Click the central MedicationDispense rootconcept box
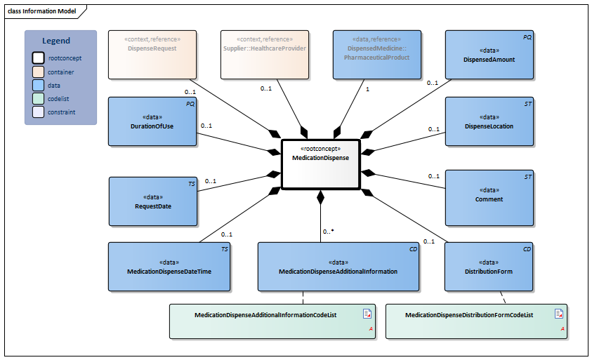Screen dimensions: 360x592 pyautogui.click(x=320, y=164)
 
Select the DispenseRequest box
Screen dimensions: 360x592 pyautogui.click(x=152, y=54)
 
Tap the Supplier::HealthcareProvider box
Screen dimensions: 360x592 pyautogui.click(x=265, y=54)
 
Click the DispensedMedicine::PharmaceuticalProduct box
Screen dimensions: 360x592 pyautogui.click(x=377, y=54)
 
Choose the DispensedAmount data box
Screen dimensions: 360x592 pyautogui.click(x=489, y=54)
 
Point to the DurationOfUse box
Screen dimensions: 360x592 pyautogui.click(x=152, y=121)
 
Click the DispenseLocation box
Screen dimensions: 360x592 pyautogui.click(x=489, y=121)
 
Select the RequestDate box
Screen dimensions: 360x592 pyautogui.click(x=153, y=201)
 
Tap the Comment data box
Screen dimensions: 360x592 pyautogui.click(x=489, y=194)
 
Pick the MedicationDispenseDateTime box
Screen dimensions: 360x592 pyautogui.click(x=169, y=267)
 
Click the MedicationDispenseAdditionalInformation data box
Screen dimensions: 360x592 pyautogui.click(x=338, y=267)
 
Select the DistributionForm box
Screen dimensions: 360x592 pyautogui.click(x=489, y=267)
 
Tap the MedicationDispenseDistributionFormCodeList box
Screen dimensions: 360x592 pyautogui.click(x=476, y=321)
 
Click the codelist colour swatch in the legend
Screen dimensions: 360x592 pyautogui.click(x=39, y=98)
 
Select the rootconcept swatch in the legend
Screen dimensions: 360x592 pyautogui.click(x=39, y=58)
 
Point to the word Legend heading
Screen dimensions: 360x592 pyautogui.click(x=56, y=41)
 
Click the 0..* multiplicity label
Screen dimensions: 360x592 pyautogui.click(x=328, y=231)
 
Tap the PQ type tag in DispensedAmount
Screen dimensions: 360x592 pyautogui.click(x=527, y=36)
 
